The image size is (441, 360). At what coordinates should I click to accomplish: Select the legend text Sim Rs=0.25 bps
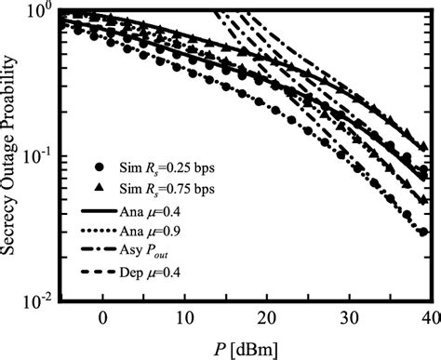pyautogui.click(x=157, y=171)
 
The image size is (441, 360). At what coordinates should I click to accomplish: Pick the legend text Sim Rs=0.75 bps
pyautogui.click(x=157, y=191)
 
